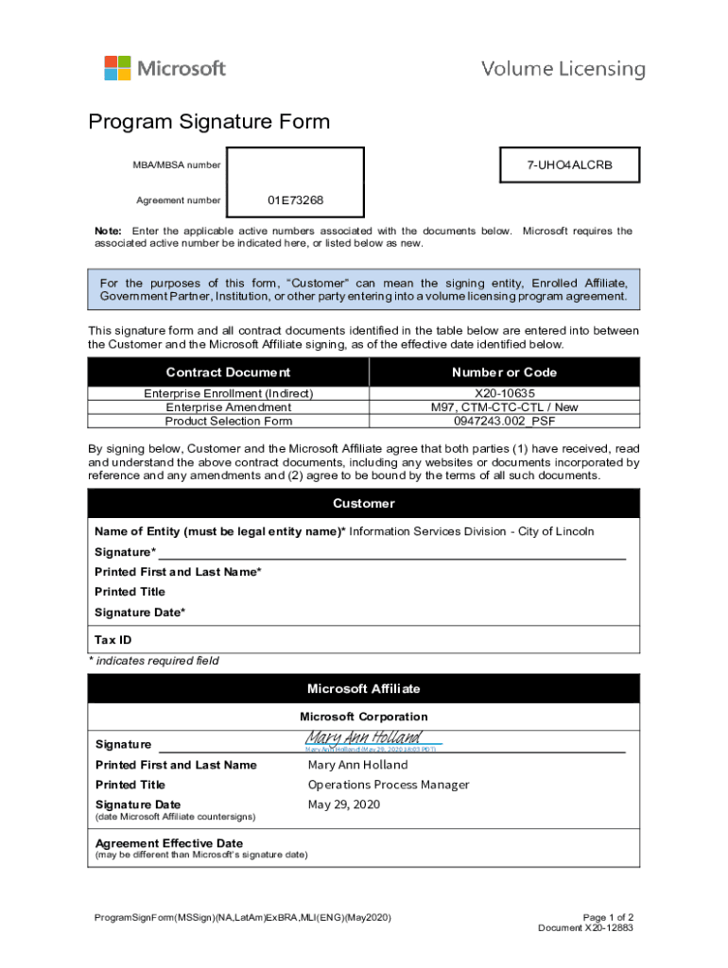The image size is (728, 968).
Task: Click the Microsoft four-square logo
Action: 117,68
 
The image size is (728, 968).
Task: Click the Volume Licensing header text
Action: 563,69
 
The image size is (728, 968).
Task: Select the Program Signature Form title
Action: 209,122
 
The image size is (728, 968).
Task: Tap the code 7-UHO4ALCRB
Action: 569,165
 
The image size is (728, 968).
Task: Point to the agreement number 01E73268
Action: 295,200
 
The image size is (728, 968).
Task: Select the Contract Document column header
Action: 228,372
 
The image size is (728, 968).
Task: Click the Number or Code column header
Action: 504,372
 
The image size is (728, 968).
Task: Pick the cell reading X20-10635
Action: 504,393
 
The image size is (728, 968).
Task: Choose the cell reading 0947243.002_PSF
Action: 504,421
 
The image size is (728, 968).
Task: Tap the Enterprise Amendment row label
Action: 228,407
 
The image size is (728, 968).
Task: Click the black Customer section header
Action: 364,504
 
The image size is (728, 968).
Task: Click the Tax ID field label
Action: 113,640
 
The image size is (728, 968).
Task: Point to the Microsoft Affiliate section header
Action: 364,689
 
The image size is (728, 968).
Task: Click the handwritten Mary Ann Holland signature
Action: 363,737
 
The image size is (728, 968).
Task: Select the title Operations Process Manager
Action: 388,785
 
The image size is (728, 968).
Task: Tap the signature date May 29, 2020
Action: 343,804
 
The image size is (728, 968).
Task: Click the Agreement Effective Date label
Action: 169,843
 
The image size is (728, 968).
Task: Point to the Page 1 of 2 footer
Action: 608,918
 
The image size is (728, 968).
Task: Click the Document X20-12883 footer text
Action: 585,928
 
